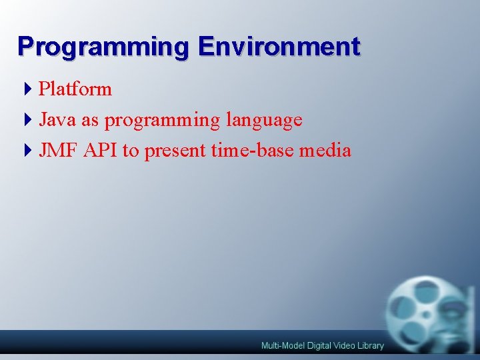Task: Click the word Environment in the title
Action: tap(279, 46)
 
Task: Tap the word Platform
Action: tap(75, 89)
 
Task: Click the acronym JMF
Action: tap(59, 151)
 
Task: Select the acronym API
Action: tap(101, 151)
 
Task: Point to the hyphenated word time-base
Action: tap(253, 151)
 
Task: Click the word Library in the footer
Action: tap(371, 345)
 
